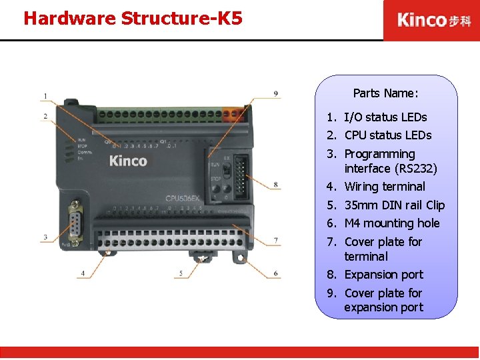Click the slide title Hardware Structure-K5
click(x=132, y=18)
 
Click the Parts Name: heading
click(x=385, y=93)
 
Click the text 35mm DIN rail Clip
click(x=394, y=205)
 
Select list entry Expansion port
click(x=383, y=275)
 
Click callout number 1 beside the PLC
click(x=45, y=97)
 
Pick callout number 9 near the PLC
click(x=275, y=94)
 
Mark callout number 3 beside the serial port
click(x=45, y=237)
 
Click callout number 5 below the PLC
click(x=180, y=273)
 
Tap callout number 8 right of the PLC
click(x=275, y=185)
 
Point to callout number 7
click(x=275, y=239)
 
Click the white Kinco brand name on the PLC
click(x=128, y=161)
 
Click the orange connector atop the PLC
click(x=233, y=115)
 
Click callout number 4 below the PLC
click(x=83, y=273)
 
